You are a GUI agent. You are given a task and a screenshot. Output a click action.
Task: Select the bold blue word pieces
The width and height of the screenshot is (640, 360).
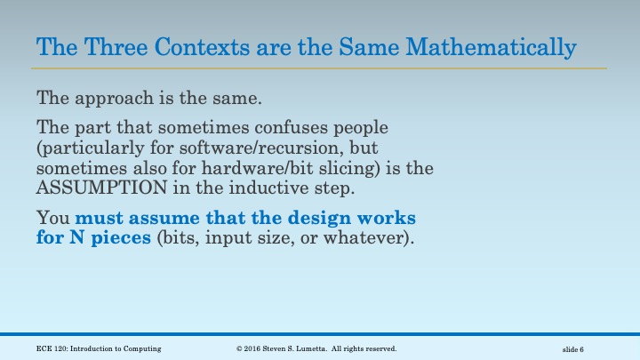point(118,238)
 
